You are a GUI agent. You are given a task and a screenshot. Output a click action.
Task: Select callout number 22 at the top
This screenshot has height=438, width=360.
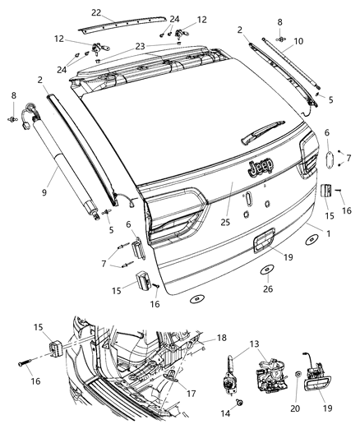pos(96,12)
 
